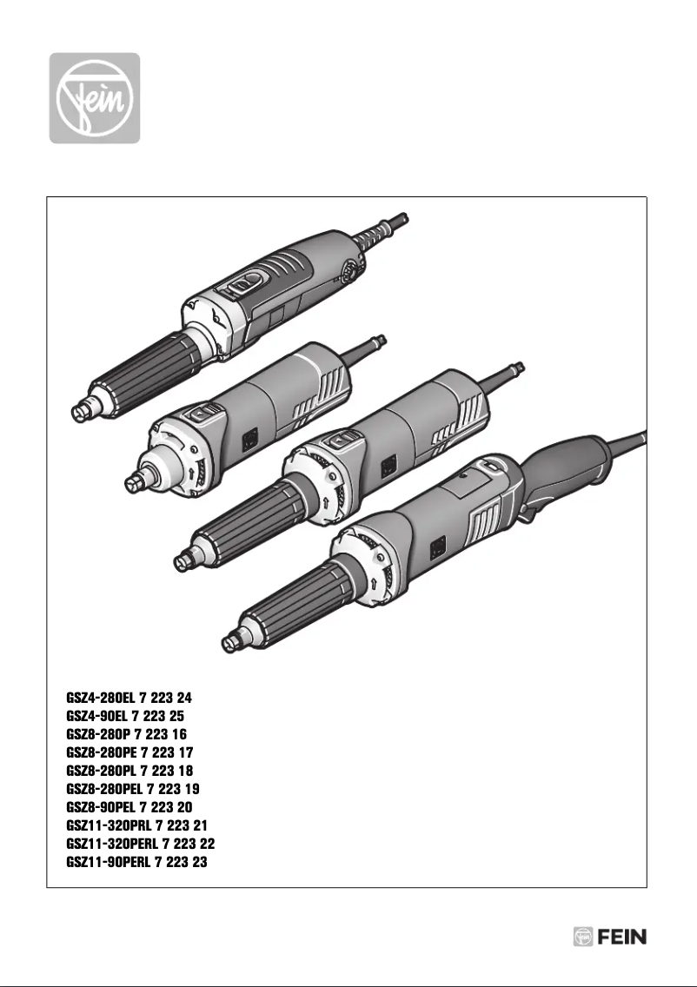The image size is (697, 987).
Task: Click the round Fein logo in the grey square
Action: coord(94,97)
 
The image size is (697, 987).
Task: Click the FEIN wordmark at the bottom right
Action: coord(621,937)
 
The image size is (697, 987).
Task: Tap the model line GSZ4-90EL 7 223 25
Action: coord(125,716)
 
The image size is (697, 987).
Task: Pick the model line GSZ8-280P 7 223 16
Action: coord(125,734)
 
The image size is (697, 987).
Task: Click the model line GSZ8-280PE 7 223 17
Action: coord(130,752)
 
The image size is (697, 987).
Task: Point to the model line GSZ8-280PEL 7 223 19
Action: coord(134,789)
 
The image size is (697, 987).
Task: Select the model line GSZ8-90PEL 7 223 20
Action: coord(129,807)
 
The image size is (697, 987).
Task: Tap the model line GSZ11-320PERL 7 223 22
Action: coord(141,844)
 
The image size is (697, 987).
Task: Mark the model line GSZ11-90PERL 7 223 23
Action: coord(136,862)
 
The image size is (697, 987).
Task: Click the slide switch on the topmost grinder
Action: coord(246,281)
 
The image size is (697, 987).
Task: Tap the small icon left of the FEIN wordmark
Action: coord(583,937)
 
